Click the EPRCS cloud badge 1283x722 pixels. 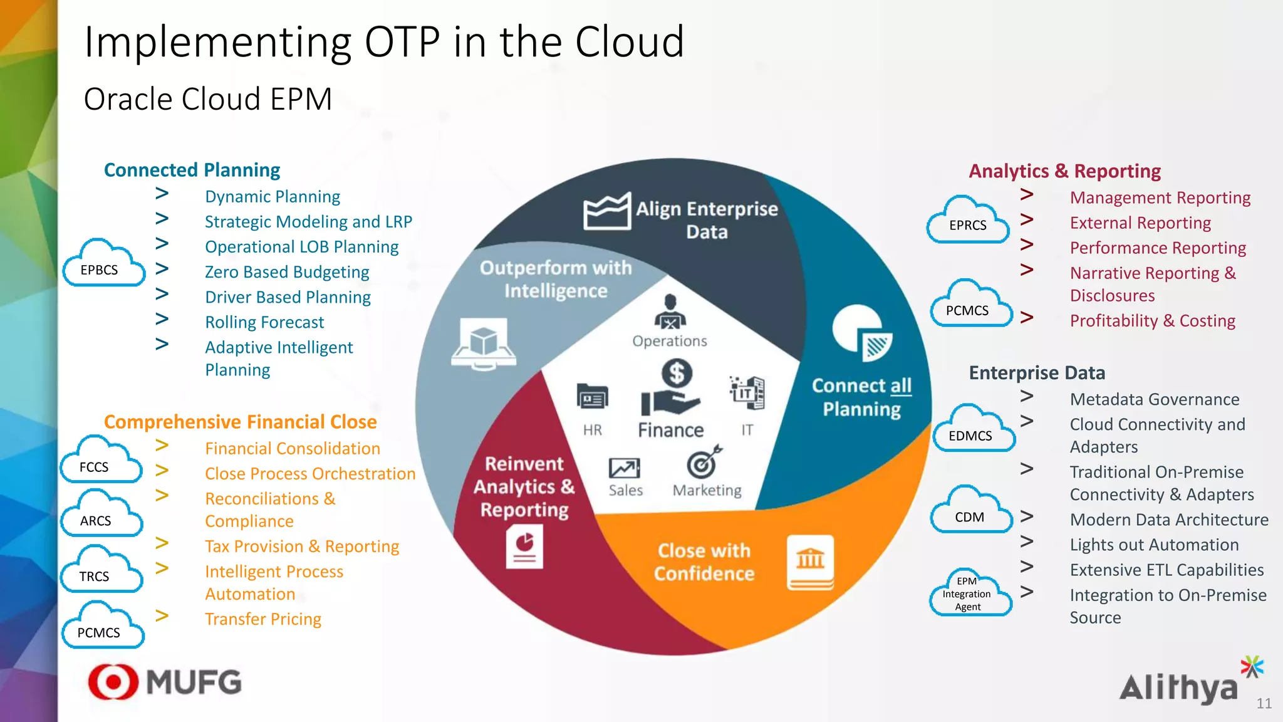[968, 221]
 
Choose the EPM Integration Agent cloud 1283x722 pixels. [969, 594]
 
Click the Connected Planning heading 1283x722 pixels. [192, 170]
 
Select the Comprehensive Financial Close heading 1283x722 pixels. [240, 422]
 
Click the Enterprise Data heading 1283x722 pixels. [1037, 373]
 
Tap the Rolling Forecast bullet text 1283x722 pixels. [264, 322]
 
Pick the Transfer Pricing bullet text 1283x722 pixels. [263, 619]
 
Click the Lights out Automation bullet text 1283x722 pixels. [1154, 545]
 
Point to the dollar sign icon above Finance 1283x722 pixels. [677, 374]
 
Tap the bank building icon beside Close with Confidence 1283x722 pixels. [810, 562]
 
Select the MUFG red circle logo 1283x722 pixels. [113, 681]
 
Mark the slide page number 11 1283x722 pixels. [1264, 703]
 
